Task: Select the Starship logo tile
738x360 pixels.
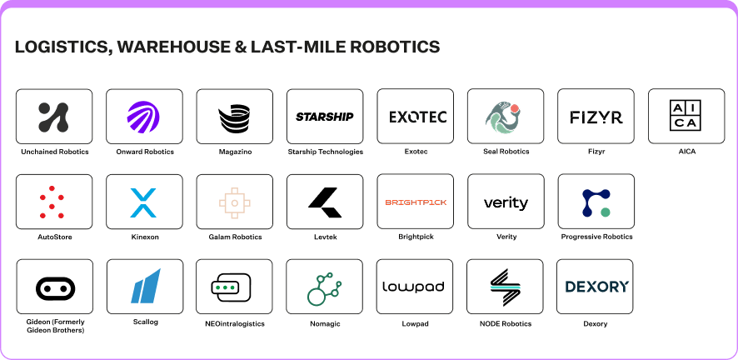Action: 325,116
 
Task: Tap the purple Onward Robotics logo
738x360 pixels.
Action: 143,116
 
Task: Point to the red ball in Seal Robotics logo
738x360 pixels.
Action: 515,107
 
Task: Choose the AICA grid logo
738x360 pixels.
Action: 686,116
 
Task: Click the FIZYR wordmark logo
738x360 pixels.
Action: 596,117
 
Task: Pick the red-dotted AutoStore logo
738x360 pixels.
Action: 52,202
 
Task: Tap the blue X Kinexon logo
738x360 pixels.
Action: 143,202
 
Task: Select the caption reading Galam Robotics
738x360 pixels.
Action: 235,237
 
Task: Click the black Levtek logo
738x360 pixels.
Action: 325,202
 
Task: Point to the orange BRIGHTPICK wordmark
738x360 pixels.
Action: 416,202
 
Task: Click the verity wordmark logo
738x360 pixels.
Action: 506,202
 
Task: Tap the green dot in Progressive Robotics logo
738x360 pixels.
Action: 606,212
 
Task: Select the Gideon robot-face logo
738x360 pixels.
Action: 56,287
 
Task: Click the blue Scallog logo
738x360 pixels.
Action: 146,286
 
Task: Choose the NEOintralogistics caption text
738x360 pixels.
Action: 234,324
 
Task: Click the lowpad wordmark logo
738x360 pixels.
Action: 414,287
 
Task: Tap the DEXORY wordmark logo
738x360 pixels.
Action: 596,287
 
